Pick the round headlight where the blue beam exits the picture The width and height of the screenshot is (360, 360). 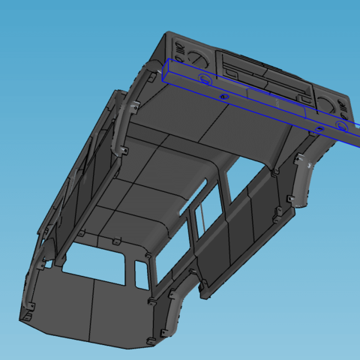click(x=332, y=106)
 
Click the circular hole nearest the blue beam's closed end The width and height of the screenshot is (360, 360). click(x=223, y=97)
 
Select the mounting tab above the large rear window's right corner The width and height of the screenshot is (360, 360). click(x=118, y=244)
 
